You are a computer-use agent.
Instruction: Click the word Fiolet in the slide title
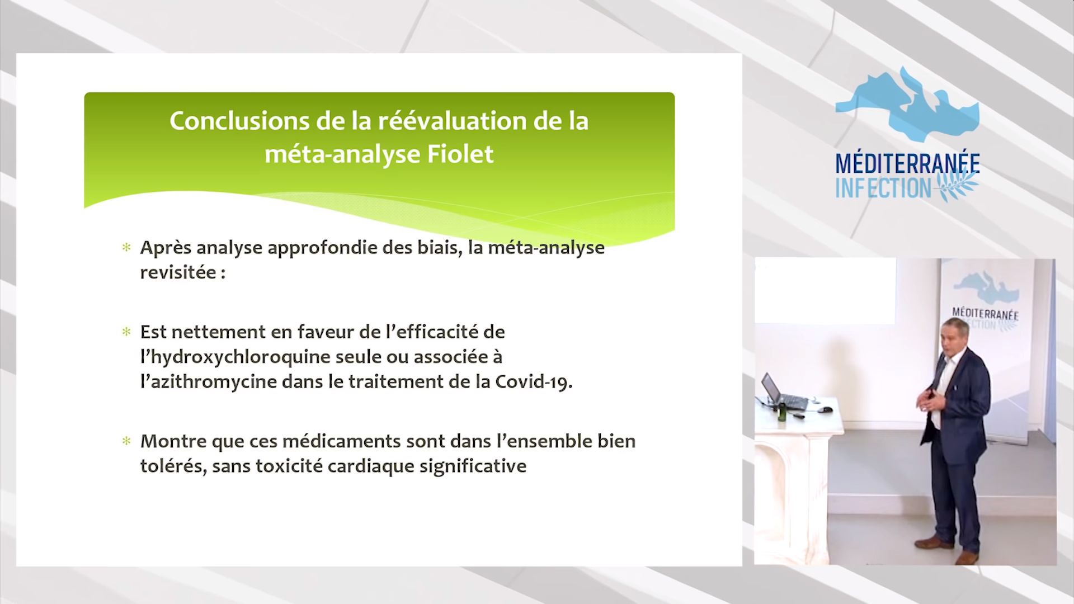tap(460, 154)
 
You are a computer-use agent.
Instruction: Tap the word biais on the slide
tap(435, 247)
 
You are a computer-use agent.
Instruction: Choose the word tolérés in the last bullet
tap(167, 466)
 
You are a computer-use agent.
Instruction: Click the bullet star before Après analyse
tap(126, 247)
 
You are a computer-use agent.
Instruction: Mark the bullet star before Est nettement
tap(126, 332)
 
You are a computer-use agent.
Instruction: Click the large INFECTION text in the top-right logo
tap(884, 187)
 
